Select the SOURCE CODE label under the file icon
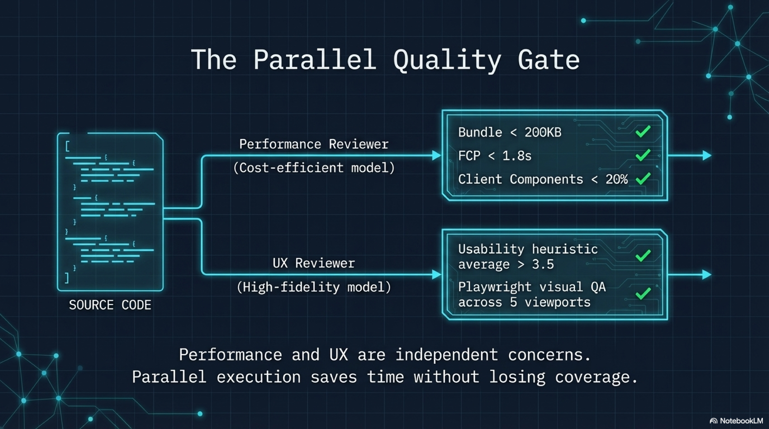110,305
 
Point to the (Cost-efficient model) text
314,168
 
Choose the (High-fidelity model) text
314,287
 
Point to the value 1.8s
517,156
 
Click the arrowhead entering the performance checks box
436,155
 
